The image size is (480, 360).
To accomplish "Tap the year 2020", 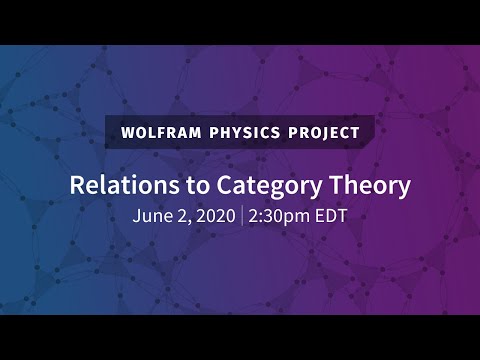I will (x=212, y=215).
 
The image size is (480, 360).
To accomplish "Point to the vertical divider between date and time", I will (x=242, y=215).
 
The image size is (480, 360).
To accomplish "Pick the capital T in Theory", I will (x=317, y=185).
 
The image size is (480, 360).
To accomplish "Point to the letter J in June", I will (x=135, y=215).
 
